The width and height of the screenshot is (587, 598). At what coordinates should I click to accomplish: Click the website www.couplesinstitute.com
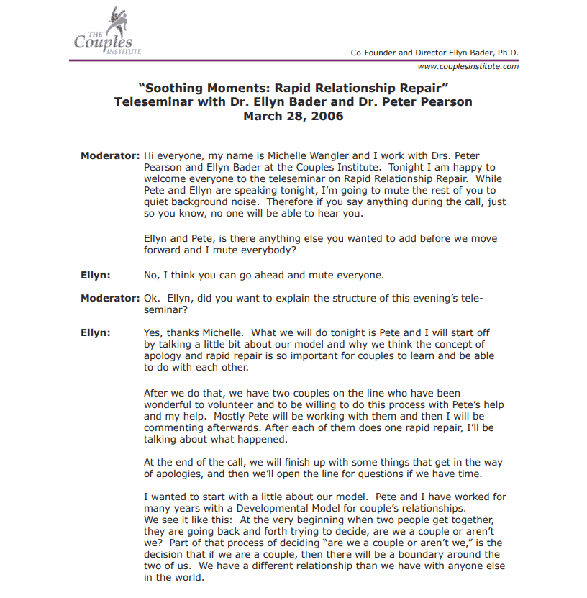(x=468, y=66)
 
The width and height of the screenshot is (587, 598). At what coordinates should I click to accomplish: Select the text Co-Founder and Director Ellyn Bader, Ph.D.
(x=434, y=53)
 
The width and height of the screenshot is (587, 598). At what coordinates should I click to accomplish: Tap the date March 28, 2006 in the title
(x=293, y=116)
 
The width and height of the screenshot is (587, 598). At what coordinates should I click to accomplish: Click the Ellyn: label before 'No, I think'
(x=96, y=275)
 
